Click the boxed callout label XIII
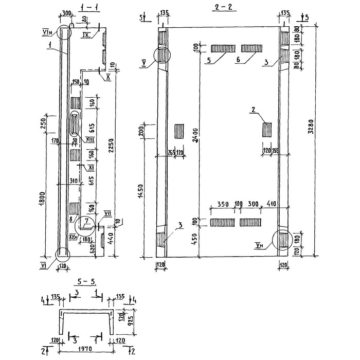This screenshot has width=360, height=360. tap(89, 139)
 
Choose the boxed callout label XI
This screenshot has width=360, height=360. tap(90, 167)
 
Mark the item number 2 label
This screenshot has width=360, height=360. tap(254, 109)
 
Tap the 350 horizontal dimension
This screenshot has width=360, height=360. tap(223, 204)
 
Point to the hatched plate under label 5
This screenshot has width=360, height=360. tap(223, 48)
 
